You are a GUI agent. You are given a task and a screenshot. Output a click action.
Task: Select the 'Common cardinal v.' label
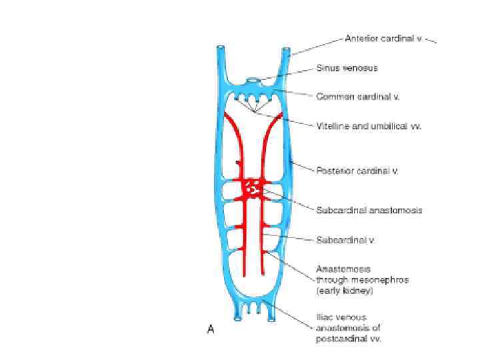click(x=357, y=96)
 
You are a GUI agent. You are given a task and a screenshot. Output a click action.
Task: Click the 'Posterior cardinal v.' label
click(x=357, y=171)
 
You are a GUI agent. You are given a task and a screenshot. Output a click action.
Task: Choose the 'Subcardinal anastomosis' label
click(x=369, y=210)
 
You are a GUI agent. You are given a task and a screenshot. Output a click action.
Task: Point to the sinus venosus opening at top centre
click(x=253, y=81)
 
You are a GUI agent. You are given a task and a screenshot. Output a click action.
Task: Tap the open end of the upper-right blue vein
click(x=286, y=49)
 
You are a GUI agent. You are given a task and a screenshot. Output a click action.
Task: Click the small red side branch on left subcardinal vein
click(x=237, y=162)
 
